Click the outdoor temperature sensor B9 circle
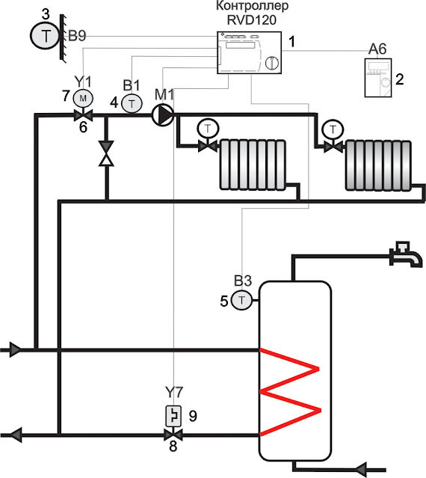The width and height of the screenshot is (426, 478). click(44, 36)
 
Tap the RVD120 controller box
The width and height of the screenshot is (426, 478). click(249, 53)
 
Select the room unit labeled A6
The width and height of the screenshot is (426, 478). click(378, 78)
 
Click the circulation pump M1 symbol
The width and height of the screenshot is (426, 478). click(163, 115)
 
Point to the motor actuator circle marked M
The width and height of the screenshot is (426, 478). click(83, 98)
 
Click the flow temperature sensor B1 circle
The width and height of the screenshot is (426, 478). click(132, 104)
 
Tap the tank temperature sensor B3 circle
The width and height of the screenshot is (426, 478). click(241, 300)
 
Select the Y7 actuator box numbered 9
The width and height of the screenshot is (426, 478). click(173, 416)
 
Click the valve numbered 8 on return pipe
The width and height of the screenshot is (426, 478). click(173, 435)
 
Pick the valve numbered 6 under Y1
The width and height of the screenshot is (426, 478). click(84, 115)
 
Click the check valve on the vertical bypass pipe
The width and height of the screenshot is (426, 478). click(106, 153)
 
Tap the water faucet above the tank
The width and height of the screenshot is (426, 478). click(405, 254)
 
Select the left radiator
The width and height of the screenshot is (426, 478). click(253, 165)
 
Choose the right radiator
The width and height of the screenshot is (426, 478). click(378, 165)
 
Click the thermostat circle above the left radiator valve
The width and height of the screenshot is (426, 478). click(208, 129)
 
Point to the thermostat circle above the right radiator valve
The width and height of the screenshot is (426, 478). click(333, 129)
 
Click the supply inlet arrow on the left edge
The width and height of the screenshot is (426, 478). click(14, 349)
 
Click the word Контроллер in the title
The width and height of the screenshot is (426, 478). click(252, 6)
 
